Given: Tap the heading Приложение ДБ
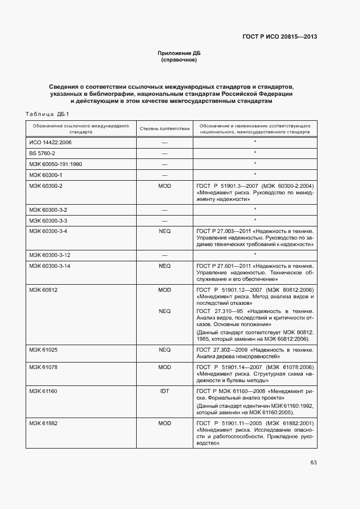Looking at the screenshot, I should (179, 53).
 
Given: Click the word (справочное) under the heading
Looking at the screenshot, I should (179, 60).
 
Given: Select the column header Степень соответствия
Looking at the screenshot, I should (164, 128).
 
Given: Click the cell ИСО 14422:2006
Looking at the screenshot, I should (50, 142).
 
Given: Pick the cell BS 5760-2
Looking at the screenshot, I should (42, 153).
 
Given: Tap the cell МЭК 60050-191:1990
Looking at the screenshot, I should (55, 164).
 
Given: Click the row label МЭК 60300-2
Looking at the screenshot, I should (46, 186).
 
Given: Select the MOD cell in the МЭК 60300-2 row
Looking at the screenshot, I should (164, 186).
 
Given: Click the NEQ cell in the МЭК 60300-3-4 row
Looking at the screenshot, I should (164, 231).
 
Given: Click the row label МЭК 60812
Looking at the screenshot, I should (43, 290).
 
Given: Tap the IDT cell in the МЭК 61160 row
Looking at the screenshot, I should (164, 391).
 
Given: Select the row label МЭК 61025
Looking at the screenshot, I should (43, 349).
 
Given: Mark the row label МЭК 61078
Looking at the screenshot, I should (43, 367).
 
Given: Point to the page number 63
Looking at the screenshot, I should (313, 462).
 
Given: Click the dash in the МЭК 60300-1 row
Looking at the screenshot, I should (164, 175).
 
